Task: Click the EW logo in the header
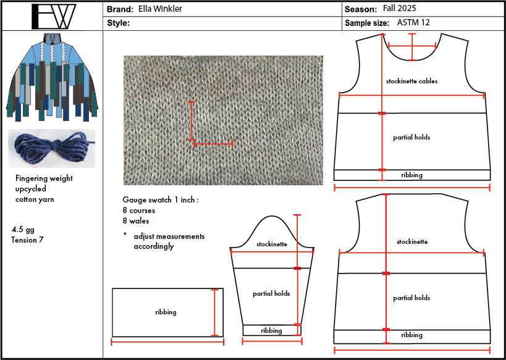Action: click(x=53, y=17)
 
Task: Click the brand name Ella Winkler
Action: click(x=160, y=9)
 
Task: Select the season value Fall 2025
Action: click(x=400, y=9)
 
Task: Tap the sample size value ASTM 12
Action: click(x=413, y=23)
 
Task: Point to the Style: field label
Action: click(x=119, y=23)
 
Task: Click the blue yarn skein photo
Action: click(x=52, y=148)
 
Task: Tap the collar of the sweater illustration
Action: click(x=52, y=38)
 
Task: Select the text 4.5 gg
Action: click(x=23, y=230)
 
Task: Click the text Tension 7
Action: click(x=27, y=240)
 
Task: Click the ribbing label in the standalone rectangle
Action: click(x=166, y=312)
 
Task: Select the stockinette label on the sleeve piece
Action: click(x=272, y=245)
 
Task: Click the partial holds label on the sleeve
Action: click(x=271, y=294)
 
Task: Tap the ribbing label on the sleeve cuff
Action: click(x=271, y=330)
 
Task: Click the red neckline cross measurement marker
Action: click(x=412, y=46)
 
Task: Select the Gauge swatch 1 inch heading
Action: click(x=161, y=200)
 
